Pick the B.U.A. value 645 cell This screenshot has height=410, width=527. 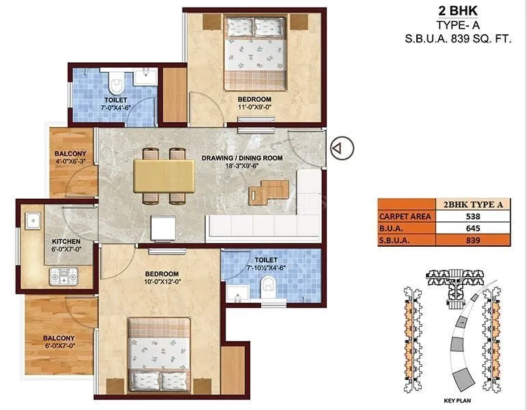(468, 228)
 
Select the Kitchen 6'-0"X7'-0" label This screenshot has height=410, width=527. (67, 246)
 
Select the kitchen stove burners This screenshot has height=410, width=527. (63, 276)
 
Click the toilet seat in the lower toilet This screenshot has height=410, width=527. (271, 282)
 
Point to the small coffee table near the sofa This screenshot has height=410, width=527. (260, 194)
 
